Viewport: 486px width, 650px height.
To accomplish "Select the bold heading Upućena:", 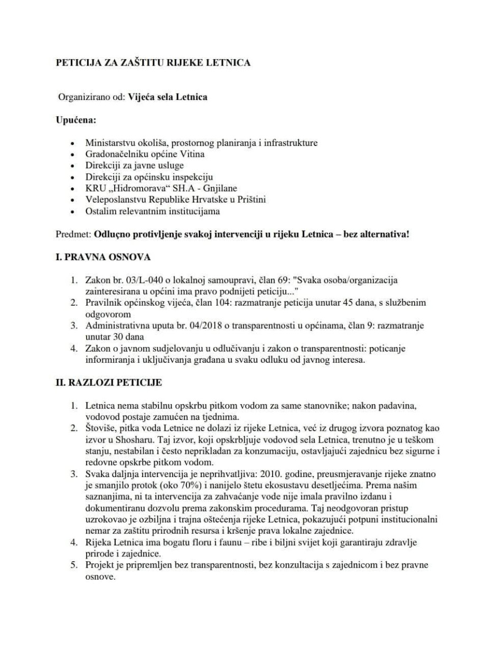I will (76, 120).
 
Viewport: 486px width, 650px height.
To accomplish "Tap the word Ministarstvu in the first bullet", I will (108, 143).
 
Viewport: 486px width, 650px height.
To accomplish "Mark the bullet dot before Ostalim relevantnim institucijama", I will (73, 212).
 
